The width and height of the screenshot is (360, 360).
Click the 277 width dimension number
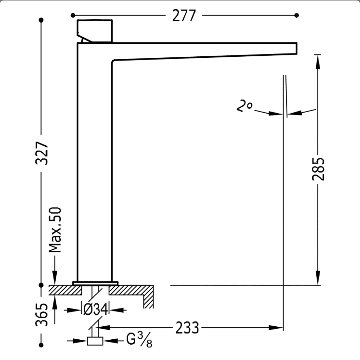[184, 15]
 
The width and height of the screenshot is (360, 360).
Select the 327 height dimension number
[42, 153]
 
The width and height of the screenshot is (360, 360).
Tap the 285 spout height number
[318, 169]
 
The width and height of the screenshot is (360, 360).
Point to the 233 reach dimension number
[187, 328]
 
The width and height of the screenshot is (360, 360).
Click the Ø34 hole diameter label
[95, 309]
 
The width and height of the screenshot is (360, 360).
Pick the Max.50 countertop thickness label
[55, 230]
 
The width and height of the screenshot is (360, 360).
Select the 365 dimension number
[42, 315]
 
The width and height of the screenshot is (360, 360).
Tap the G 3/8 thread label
[139, 340]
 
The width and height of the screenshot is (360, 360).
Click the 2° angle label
[244, 105]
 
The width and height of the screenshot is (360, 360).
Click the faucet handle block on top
[95, 31]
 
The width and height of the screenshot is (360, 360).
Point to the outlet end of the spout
[296, 49]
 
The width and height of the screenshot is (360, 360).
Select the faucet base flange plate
[95, 283]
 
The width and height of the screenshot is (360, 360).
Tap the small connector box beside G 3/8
[95, 341]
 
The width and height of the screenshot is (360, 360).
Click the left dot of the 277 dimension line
[73, 15]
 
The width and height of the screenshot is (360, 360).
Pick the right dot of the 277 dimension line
[296, 15]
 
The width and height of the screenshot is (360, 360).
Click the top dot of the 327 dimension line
[41, 20]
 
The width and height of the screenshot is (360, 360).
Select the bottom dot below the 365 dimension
[41, 345]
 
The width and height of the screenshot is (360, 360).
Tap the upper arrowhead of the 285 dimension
[318, 62]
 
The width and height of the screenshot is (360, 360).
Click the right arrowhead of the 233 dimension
[276, 328]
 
